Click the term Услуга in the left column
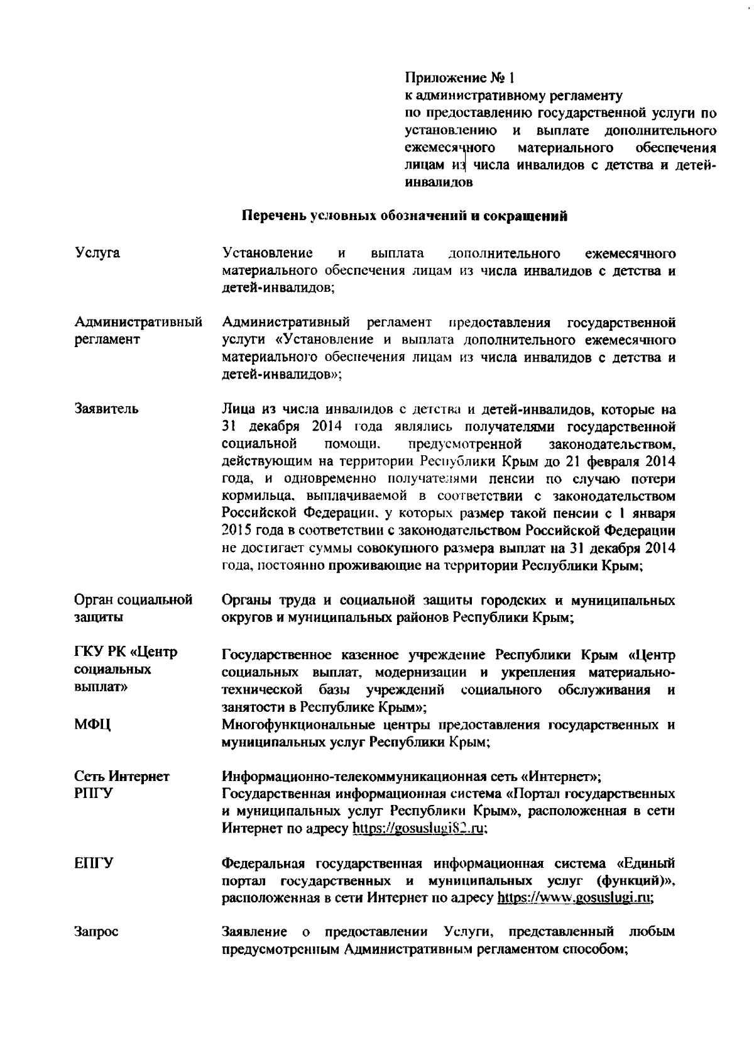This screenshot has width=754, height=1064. pos(97,253)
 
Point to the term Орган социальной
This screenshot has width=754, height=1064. pos(133,600)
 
